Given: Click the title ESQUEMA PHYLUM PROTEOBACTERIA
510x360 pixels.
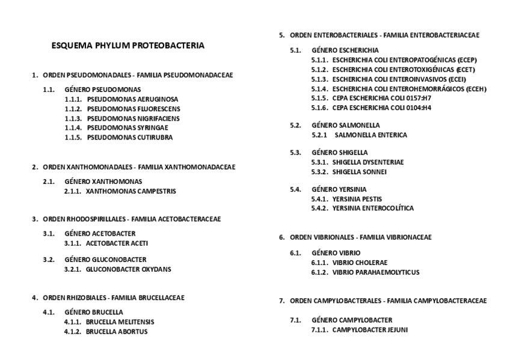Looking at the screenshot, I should click(127, 45).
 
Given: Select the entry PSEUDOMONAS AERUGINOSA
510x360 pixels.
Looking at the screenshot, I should click(132, 99).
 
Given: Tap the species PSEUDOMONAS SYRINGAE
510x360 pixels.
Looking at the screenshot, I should click(128, 128).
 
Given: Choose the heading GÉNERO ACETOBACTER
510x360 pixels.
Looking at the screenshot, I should click(100, 233).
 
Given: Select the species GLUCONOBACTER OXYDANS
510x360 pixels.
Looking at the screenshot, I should click(128, 269).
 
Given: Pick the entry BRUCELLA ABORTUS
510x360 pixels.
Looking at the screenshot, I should click(117, 331).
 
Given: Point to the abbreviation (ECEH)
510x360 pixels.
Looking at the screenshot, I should click(472, 89).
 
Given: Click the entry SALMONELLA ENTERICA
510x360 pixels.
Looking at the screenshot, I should click(370, 135).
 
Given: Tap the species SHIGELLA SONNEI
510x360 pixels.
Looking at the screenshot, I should click(359, 172).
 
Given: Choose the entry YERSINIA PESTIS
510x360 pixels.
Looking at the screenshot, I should click(357, 199).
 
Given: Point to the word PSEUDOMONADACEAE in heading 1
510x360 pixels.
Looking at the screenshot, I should click(198, 75).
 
